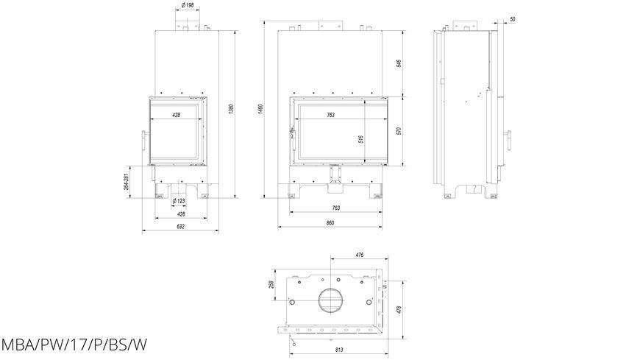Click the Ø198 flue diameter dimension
coord(188,5)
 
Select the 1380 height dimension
coord(231,109)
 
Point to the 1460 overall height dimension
coord(261,109)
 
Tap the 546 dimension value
coord(399,63)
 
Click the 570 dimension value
coord(399,131)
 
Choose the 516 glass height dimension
coord(360,139)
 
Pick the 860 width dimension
coord(330,223)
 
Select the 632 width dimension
coord(181,226)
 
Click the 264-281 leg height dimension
coord(127,182)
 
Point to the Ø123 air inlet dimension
coord(179,201)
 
